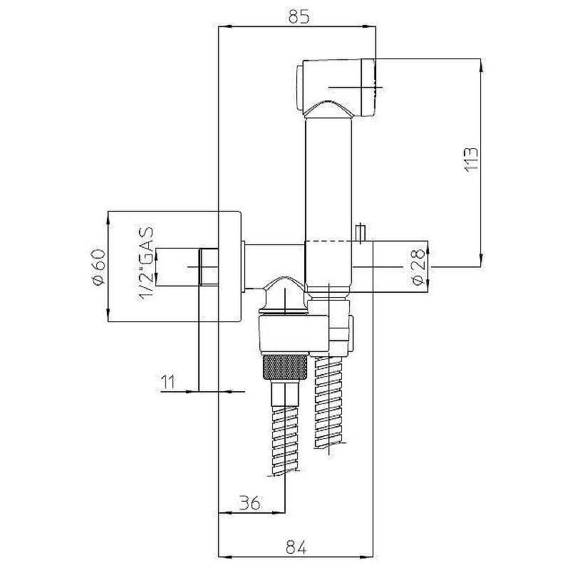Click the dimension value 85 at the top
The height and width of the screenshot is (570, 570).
click(x=299, y=16)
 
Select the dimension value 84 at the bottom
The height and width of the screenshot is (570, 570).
click(x=296, y=546)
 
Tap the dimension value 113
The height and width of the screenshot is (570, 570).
click(x=471, y=159)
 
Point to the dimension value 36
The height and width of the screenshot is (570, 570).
click(x=250, y=504)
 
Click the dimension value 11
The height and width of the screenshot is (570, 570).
click(x=168, y=382)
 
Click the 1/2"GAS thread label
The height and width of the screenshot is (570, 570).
click(x=146, y=264)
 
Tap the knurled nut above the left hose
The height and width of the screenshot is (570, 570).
click(x=286, y=368)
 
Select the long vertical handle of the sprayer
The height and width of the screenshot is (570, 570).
click(x=328, y=202)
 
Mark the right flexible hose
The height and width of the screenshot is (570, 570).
click(x=330, y=402)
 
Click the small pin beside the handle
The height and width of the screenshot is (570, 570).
click(x=361, y=233)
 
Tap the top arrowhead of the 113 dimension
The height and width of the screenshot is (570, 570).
click(x=482, y=66)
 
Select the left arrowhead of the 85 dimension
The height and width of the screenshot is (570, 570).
click(x=224, y=26)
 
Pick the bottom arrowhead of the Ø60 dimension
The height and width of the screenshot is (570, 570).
click(x=108, y=315)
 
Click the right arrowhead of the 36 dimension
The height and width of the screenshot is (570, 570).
click(x=279, y=513)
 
